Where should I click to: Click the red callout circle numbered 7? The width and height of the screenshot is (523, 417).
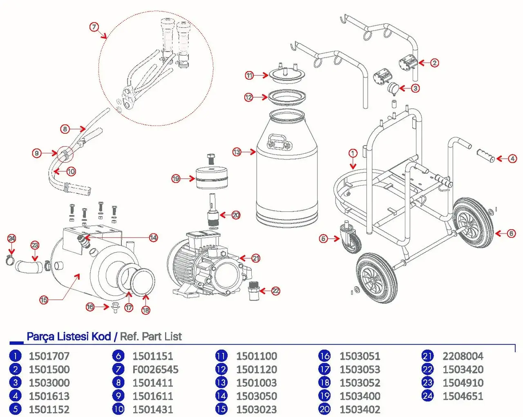point(94,27)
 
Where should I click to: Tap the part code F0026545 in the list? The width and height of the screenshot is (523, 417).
point(155,370)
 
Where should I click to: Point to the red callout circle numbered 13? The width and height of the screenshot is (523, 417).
point(237,152)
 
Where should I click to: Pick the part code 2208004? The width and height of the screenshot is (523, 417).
point(463,356)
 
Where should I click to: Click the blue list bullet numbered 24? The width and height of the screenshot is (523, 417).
point(427,396)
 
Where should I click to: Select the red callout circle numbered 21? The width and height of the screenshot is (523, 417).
point(256,258)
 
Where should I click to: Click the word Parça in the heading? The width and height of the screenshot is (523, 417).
point(41,336)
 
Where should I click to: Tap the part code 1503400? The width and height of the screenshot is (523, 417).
point(360,396)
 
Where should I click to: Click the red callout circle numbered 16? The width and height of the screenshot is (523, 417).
point(90,307)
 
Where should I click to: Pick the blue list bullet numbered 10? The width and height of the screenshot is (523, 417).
point(118,409)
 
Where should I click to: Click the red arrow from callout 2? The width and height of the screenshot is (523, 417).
point(425,63)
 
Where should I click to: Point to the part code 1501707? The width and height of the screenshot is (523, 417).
point(49,356)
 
